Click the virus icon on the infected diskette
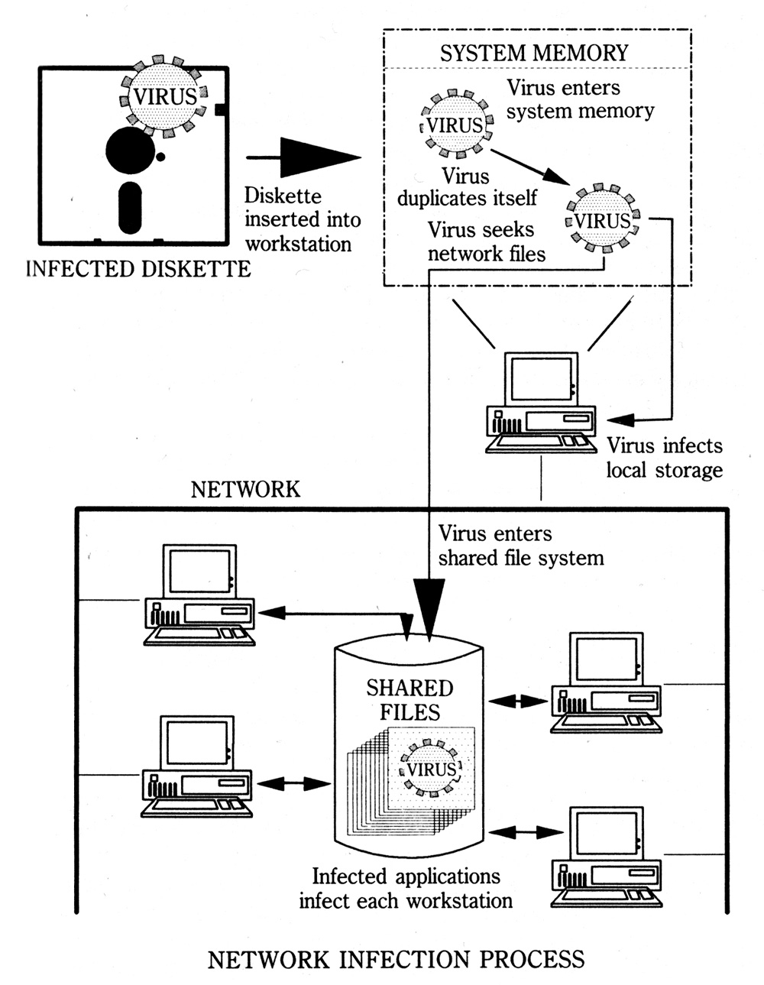coord(163,96)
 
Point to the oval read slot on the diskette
coord(130,208)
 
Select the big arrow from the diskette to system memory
coord(303,157)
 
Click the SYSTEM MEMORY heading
coord(534,53)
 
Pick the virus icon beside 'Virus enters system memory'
coord(455,124)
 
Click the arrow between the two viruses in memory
coord(530,167)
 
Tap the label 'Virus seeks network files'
coord(486,241)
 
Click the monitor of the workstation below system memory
coord(542,379)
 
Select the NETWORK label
coord(245,490)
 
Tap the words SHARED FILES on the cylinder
coord(410,699)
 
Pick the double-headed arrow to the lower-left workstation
coord(293,783)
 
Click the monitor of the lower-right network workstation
coord(606,833)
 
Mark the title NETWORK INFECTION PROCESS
coord(396,960)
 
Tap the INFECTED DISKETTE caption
coord(138,269)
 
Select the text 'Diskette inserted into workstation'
coord(303,220)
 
